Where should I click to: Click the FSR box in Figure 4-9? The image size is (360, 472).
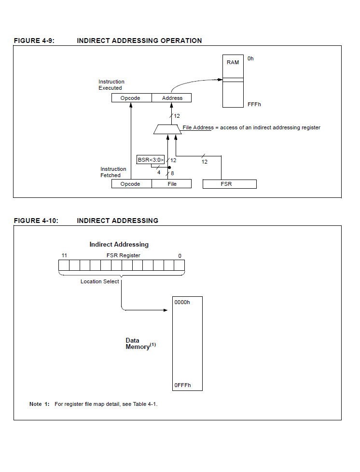230,184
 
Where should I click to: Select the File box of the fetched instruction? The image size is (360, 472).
172,184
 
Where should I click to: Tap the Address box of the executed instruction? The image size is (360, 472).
172,98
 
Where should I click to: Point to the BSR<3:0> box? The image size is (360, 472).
151,160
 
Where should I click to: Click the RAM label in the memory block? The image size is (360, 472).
233,62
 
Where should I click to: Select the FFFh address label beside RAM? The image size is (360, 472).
254,104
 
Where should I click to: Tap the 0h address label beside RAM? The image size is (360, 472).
250,58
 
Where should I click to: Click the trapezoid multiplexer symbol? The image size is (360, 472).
167,129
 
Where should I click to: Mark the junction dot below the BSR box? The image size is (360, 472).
169,167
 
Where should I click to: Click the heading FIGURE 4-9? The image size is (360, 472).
34,41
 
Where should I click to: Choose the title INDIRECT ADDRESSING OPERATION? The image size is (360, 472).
139,41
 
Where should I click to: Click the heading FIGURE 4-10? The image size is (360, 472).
36,221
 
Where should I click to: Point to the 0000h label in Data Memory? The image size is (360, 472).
182,302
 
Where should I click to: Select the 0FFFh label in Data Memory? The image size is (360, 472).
182,385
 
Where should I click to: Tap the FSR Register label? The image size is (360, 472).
124,255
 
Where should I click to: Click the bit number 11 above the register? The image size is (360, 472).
64,255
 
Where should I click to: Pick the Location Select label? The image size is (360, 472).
99,281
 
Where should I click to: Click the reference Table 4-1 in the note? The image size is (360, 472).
145,404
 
